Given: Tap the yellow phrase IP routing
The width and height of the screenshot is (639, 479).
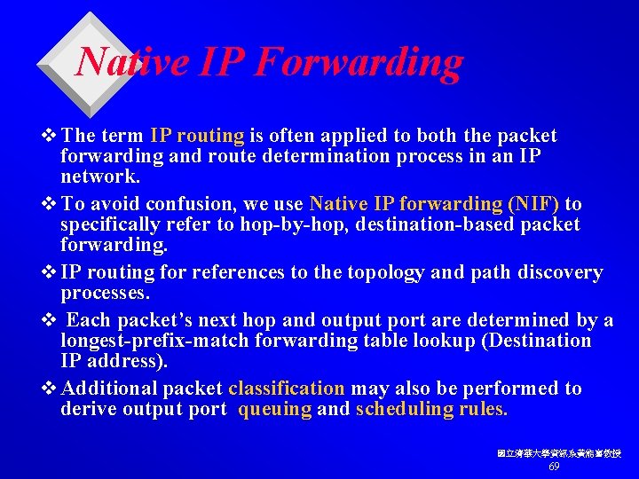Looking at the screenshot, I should (x=197, y=136).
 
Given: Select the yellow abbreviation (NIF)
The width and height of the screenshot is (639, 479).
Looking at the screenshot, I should (x=533, y=204).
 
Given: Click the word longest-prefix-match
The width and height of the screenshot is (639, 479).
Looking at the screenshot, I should (x=152, y=341).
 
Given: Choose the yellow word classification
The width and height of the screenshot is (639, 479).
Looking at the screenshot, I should (x=286, y=389).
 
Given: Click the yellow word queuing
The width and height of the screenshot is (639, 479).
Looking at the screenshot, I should (x=275, y=409).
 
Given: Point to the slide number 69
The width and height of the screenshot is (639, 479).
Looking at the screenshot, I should (x=554, y=467).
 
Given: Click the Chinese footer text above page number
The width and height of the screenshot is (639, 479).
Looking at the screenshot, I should (x=559, y=453).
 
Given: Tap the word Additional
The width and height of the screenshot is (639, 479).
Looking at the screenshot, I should (x=110, y=389).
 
